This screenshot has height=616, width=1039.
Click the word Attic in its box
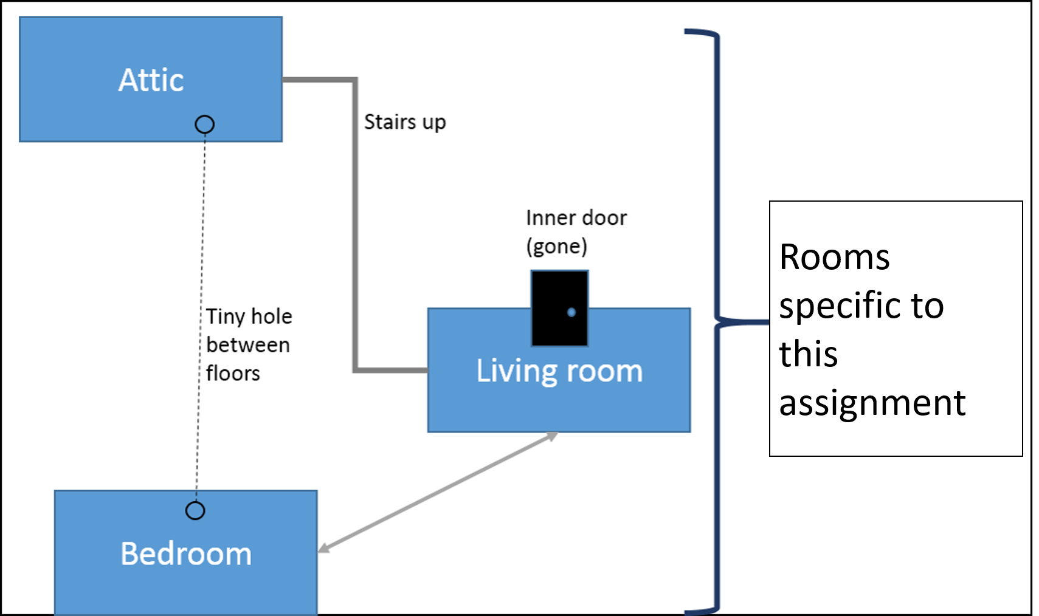tap(151, 80)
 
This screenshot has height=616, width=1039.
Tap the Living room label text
tap(559, 371)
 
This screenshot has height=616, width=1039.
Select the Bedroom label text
tap(186, 554)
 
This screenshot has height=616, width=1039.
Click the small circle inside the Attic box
tap(204, 125)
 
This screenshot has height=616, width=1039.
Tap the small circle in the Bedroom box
tap(195, 510)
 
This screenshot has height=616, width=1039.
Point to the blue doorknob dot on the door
tap(571, 312)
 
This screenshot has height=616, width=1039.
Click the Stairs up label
tap(405, 122)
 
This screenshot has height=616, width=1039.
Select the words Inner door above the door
tap(576, 217)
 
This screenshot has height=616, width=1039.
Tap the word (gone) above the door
tap(556, 246)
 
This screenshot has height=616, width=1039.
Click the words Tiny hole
tap(249, 317)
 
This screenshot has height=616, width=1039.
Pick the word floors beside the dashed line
tap(233, 373)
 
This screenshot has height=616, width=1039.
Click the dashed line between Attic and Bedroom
tap(201, 273)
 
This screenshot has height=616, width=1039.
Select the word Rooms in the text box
tap(834, 257)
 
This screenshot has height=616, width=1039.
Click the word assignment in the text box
tap(872, 403)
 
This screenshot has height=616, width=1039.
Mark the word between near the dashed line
tap(247, 345)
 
